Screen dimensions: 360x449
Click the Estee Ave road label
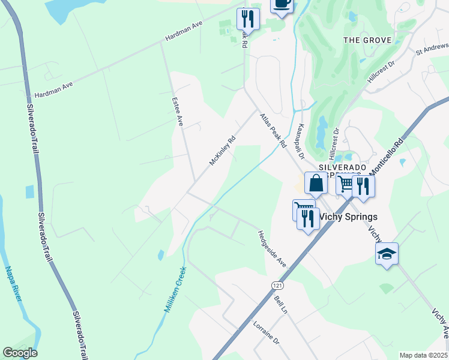pyautogui.click(x=178, y=112)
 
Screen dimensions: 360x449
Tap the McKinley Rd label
pyautogui.click(x=222, y=150)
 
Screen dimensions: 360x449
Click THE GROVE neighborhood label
pyautogui.click(x=367, y=40)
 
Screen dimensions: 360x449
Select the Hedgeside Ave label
pyautogui.click(x=271, y=248)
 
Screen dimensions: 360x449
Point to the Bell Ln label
pyautogui.click(x=281, y=304)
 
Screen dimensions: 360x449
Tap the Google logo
pyautogui.click(x=20, y=352)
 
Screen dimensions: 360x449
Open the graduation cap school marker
pyautogui.click(x=387, y=254)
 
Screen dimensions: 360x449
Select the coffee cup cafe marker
pyautogui.click(x=282, y=4)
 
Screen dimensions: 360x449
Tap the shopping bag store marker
pyautogui.click(x=316, y=182)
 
